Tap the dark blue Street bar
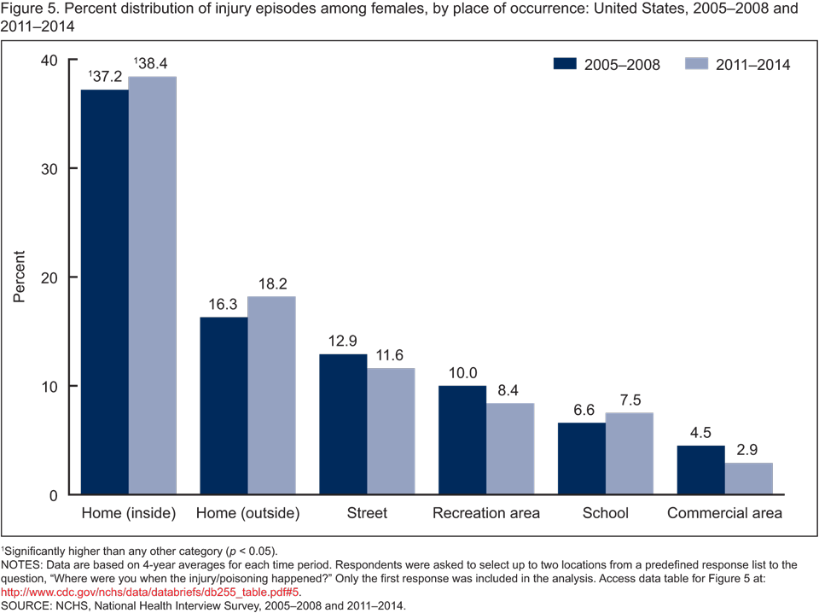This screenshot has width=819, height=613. pos(343,424)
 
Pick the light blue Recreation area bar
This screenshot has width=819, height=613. pos(510,449)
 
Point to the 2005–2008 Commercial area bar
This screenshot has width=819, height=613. pos(701,470)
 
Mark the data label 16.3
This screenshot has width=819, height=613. pos(224,304)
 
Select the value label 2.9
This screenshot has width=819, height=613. pos(749,450)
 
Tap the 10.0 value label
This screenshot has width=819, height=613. pos(462,373)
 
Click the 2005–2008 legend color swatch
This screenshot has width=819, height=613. pos(565,65)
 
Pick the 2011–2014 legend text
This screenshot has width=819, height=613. pos(753,65)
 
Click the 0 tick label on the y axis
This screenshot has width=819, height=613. pos(52,495)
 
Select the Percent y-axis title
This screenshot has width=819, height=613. pos(19,277)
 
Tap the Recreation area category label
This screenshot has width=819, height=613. pos(486,514)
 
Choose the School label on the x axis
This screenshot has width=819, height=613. pos(605,514)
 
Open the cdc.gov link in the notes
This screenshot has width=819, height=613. pos(150,590)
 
